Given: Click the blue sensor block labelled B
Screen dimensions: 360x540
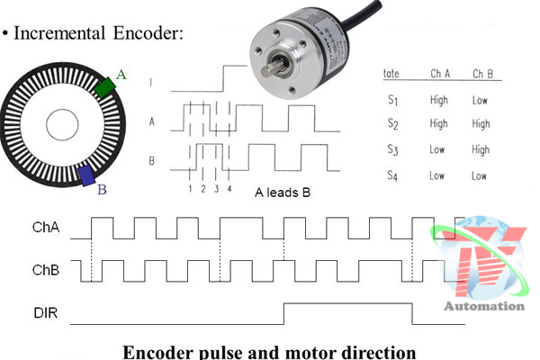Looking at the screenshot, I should pyautogui.click(x=88, y=175).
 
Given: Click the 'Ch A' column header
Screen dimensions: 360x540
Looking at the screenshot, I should pyautogui.click(x=439, y=73).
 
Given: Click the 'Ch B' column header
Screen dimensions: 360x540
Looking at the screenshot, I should pyautogui.click(x=485, y=73).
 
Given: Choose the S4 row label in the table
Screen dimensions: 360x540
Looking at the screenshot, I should pyautogui.click(x=392, y=175).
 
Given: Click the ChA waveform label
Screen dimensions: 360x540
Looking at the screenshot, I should pyautogui.click(x=45, y=228).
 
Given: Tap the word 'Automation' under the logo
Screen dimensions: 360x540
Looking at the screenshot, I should pyautogui.click(x=483, y=306).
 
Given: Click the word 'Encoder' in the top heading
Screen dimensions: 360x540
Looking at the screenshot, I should pyautogui.click(x=146, y=33).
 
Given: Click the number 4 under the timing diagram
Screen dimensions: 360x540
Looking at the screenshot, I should pyautogui.click(x=229, y=188).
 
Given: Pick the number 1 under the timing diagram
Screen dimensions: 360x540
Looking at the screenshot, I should pyautogui.click(x=191, y=188).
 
